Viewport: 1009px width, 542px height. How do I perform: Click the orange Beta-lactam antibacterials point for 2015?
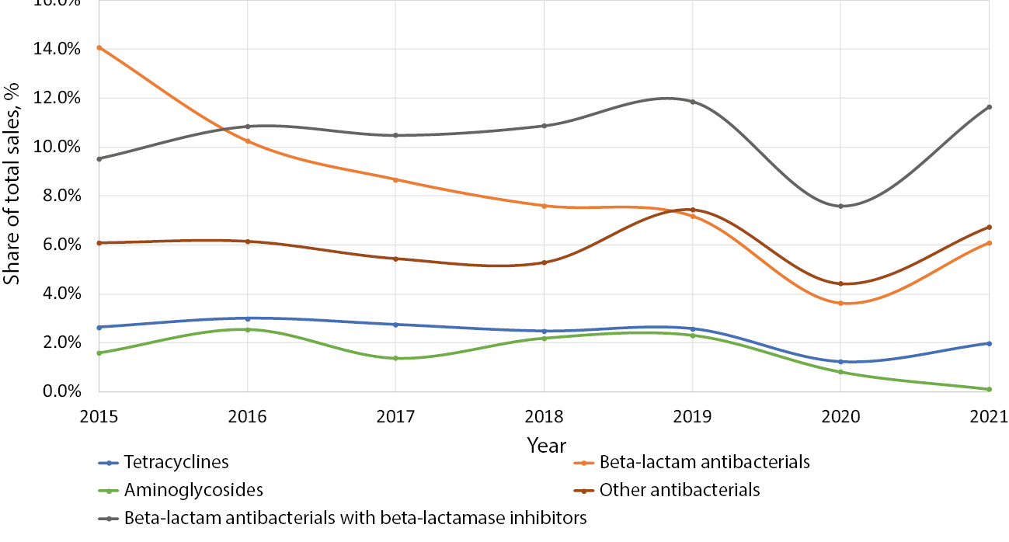pos(99,47)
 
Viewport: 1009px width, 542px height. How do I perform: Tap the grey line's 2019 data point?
pos(692,102)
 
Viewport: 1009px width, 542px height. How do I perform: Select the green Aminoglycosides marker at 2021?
pos(989,389)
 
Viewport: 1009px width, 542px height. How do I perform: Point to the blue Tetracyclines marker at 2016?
pos(248,318)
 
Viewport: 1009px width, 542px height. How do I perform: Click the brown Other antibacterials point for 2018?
pos(544,262)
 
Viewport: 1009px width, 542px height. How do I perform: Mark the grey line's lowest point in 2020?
pos(840,206)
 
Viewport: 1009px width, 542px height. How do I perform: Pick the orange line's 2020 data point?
pos(840,303)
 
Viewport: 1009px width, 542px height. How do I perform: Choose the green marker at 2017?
pos(395,358)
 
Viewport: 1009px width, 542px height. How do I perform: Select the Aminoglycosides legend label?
pos(193,491)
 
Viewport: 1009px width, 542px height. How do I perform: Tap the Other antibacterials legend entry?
pos(679,491)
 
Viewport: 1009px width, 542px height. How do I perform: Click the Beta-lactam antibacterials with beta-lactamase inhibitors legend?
pos(355,518)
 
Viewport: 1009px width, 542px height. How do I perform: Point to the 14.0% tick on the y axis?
pos(57,49)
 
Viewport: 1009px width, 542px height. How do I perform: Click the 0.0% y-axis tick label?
pos(61,391)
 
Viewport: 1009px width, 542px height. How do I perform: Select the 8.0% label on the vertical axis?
pos(61,196)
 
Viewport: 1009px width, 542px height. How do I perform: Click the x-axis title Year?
pos(546,446)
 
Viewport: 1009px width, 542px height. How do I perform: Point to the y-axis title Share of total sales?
pos(13,198)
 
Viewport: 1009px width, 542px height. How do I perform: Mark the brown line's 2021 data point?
pos(989,227)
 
